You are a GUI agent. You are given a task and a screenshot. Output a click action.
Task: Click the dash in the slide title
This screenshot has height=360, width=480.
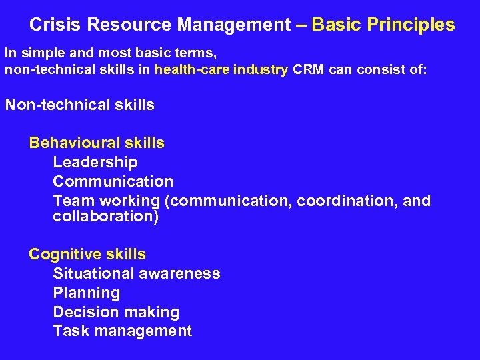(x=301, y=25)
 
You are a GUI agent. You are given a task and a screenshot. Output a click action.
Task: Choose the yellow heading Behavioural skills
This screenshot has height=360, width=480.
(x=97, y=143)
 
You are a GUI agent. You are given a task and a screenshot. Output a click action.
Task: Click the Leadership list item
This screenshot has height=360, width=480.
(x=95, y=162)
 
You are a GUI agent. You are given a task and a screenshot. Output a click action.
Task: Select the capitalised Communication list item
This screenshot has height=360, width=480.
(x=113, y=181)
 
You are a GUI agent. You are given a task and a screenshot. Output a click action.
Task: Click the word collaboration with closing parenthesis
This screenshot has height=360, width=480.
(x=106, y=217)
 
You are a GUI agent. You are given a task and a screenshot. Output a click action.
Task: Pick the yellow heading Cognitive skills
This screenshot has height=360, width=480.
(x=87, y=254)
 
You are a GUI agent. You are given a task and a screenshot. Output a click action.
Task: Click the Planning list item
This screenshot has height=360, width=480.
(x=87, y=293)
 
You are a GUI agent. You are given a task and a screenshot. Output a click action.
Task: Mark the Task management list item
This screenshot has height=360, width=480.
(x=123, y=331)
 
